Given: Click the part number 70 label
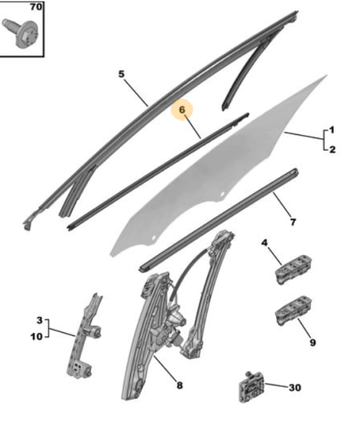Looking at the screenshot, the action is (36, 6).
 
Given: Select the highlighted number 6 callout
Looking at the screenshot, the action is (182, 110).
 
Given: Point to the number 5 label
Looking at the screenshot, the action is (122, 74).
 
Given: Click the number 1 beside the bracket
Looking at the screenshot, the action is (332, 129).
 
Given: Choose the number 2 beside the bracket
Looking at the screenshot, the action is (332, 150).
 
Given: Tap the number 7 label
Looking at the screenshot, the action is (293, 222).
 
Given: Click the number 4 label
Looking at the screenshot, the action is (264, 243).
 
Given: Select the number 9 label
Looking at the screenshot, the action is (312, 342).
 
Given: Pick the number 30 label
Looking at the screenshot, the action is (295, 388).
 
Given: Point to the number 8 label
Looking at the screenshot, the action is (179, 385).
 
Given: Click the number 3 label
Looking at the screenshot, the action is (40, 320).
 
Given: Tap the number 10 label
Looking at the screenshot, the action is (37, 336).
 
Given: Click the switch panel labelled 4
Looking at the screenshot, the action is (293, 270).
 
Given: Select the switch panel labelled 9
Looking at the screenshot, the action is (293, 310).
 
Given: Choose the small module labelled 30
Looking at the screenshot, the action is (251, 387).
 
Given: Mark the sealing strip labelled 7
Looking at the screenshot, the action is (219, 220).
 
